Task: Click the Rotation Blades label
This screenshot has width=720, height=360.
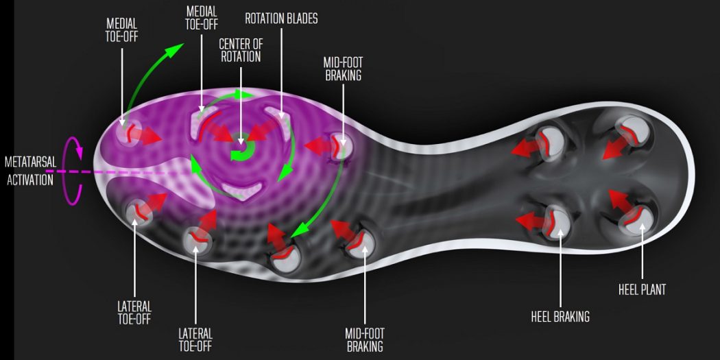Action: (x=281, y=19)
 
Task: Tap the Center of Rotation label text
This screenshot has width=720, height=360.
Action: (x=240, y=51)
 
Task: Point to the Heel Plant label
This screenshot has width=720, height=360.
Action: (x=641, y=290)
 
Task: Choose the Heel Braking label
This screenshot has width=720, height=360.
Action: (x=560, y=316)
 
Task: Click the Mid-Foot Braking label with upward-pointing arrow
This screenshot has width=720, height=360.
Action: (x=365, y=339)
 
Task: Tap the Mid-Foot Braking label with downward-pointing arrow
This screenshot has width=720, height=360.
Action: (x=343, y=69)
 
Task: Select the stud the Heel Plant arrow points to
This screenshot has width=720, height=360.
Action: (x=637, y=219)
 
